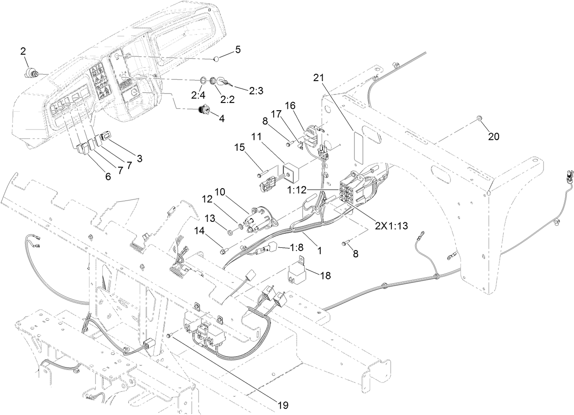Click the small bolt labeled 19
[x=169, y=336]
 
